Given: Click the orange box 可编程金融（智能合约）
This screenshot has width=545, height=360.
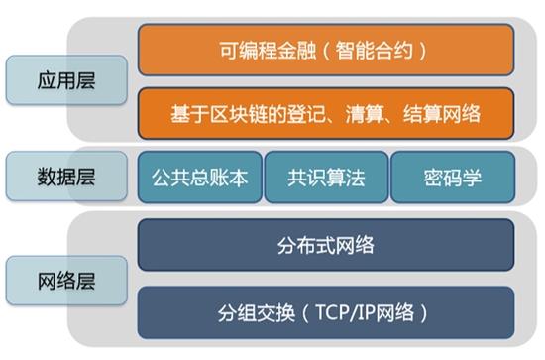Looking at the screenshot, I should point(326,49).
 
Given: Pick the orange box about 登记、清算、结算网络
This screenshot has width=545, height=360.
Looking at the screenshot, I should point(326,114).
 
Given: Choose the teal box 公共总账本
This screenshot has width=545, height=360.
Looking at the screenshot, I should point(200,178).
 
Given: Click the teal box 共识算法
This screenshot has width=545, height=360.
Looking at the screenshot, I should point(326,178).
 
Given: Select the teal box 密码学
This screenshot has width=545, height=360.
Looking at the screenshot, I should point(453,178).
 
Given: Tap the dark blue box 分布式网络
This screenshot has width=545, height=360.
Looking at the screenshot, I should point(326,244).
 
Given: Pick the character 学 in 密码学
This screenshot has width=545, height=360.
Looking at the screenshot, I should point(474,178).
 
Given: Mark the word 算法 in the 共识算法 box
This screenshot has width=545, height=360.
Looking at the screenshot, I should point(346,178).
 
